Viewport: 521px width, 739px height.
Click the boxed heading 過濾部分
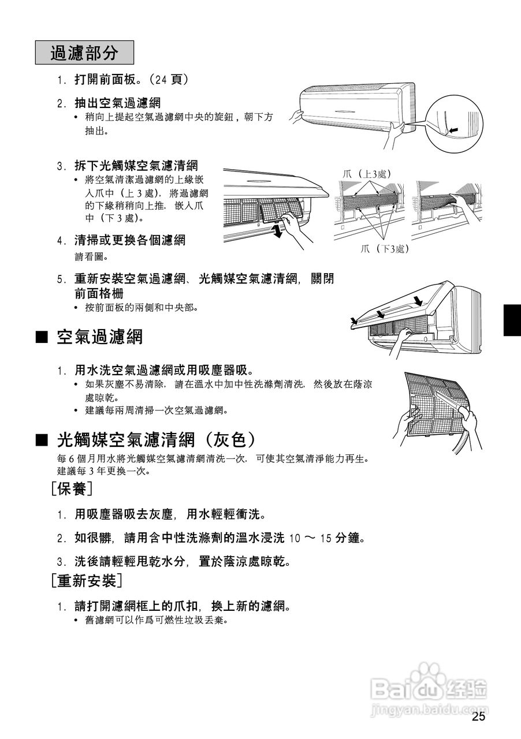click(84, 53)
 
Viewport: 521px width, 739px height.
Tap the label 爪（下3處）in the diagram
click(384, 249)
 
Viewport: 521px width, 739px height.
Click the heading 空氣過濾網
click(99, 337)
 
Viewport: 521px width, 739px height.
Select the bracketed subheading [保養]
click(72, 490)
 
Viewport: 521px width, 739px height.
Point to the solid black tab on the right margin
click(512, 320)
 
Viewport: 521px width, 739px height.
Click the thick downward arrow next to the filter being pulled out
click(278, 232)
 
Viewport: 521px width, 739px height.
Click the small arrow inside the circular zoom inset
click(455, 131)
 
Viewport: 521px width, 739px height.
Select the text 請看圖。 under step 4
click(91, 256)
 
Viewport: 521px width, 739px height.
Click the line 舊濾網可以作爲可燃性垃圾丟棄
click(157, 621)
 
